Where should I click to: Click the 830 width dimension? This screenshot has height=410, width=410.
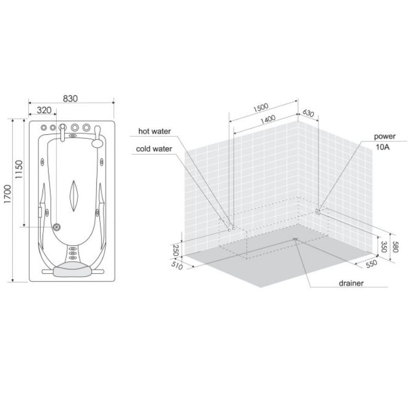pos(70,98)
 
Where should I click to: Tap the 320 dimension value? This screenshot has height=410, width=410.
pos(44,110)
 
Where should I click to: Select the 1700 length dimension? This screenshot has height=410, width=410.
pos(8,194)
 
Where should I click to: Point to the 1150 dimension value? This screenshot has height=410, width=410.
pos(19,170)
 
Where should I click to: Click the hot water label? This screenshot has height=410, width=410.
pos(155,131)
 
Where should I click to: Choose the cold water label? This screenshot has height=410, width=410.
pos(154,149)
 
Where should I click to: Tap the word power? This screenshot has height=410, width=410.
pos(385,136)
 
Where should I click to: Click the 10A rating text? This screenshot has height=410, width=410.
pos(382,147)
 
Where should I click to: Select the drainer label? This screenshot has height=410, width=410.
pos(351,283)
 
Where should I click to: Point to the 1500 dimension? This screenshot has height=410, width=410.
pos(261,107)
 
